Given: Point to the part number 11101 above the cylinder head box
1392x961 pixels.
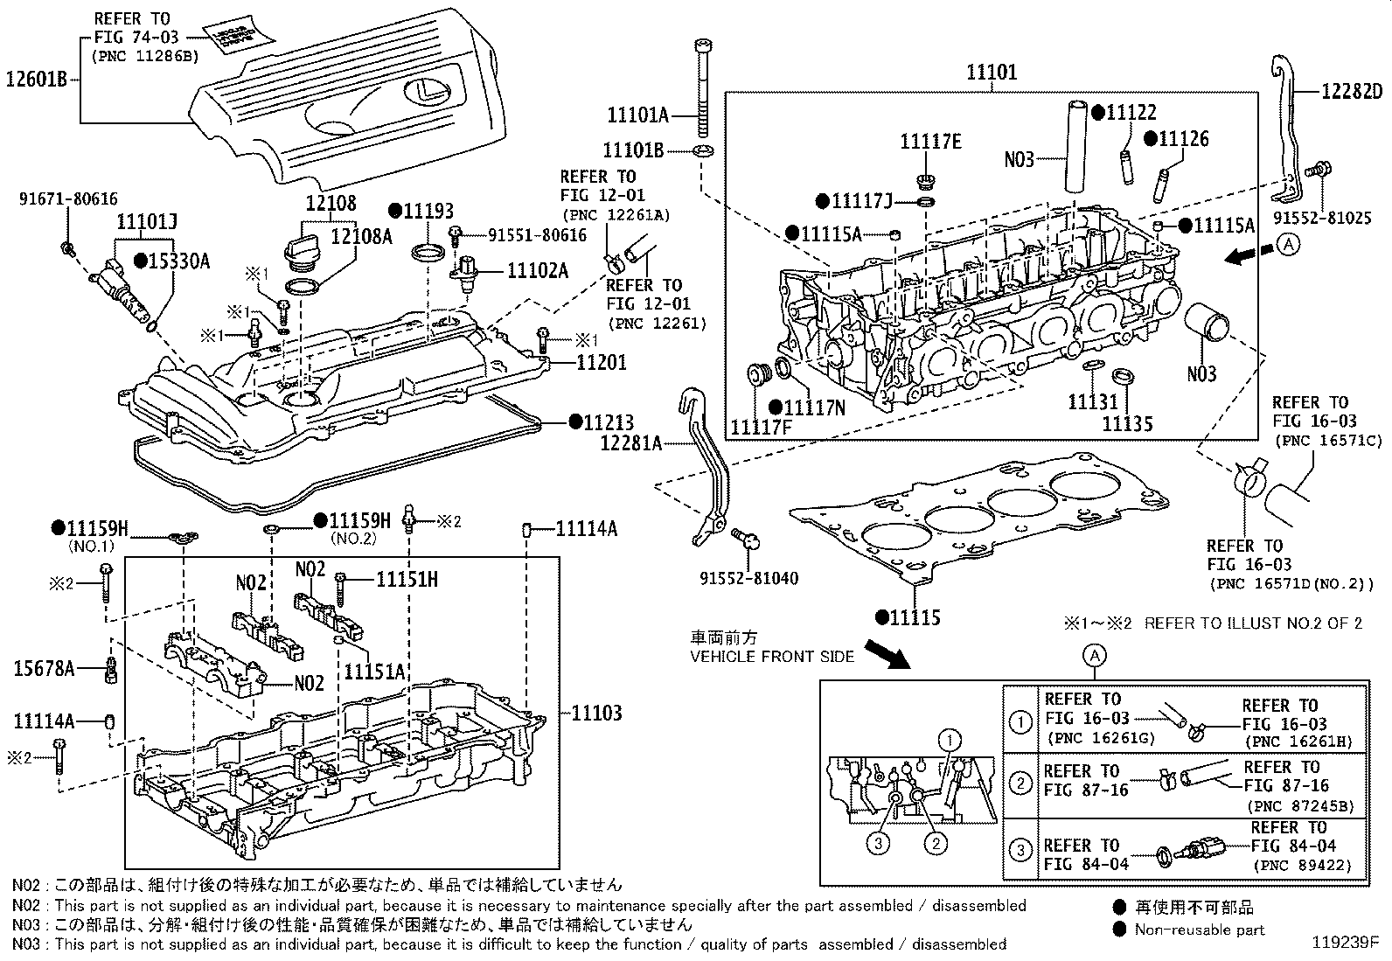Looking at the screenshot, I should tap(991, 73).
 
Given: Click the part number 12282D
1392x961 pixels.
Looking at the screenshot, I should tap(1351, 92).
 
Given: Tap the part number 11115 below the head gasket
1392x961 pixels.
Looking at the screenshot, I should tap(915, 617).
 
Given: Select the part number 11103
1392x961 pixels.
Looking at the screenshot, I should tap(597, 713).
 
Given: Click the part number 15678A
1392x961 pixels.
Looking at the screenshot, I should tap(44, 670).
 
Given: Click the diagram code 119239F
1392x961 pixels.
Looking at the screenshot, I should tap(1344, 944).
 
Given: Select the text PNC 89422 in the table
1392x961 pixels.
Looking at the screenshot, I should tap(1302, 866).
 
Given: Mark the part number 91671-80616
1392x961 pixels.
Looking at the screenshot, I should tap(68, 199).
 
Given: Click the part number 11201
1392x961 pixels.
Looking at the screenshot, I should tap(601, 361).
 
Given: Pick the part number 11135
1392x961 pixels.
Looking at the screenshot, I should tap(1127, 424).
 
